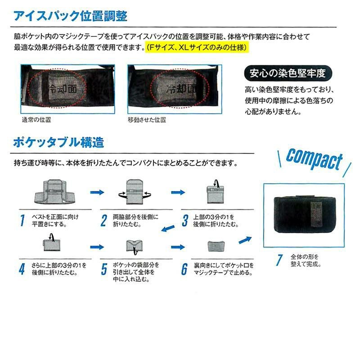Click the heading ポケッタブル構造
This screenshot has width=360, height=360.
[x=58, y=143]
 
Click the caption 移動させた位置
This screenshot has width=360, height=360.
[x=147, y=120]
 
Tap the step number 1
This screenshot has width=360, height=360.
[x=22, y=220]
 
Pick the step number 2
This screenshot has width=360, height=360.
[x=103, y=220]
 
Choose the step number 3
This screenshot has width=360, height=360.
[x=184, y=220]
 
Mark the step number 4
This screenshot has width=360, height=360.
[x=22, y=269]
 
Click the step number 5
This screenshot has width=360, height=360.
[x=103, y=269]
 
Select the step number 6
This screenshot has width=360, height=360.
[x=184, y=269]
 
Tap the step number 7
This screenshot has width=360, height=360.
[x=279, y=260]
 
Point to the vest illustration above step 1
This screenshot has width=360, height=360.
[x=54, y=191]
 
